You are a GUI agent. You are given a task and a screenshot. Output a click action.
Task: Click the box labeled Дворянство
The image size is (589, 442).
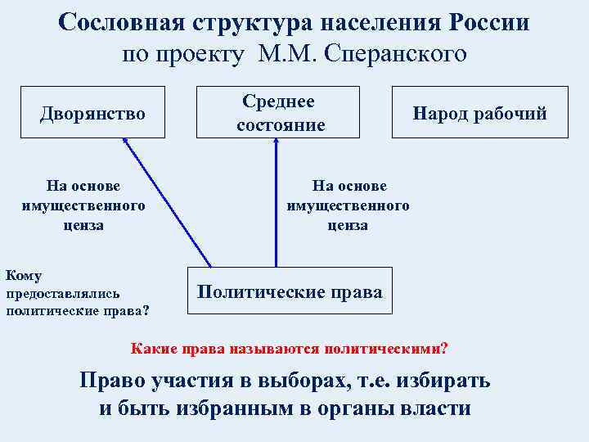point(93,112)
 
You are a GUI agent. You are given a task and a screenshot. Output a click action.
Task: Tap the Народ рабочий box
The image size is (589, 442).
point(479,113)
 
